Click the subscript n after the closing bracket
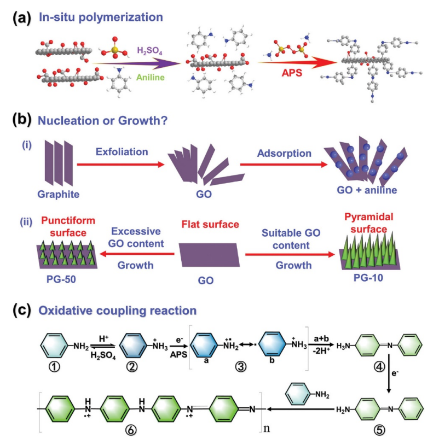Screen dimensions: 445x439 point(269,421)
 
